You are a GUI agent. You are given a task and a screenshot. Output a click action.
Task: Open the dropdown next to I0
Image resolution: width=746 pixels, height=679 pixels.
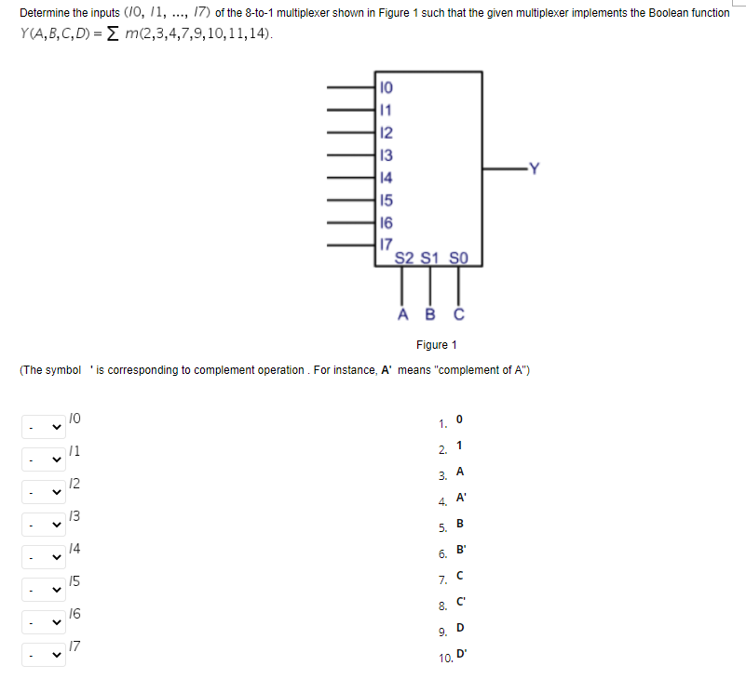click(43, 427)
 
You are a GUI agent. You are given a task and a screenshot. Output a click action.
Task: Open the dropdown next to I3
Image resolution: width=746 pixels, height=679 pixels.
click(43, 525)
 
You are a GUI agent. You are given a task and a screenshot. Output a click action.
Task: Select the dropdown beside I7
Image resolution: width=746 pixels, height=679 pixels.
click(43, 655)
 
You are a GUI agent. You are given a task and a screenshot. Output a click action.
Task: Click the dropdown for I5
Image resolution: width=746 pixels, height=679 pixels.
click(43, 590)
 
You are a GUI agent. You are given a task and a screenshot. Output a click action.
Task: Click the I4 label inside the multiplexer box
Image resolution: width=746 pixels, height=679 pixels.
click(387, 177)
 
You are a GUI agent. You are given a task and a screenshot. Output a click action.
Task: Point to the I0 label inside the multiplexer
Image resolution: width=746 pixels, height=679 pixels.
click(387, 88)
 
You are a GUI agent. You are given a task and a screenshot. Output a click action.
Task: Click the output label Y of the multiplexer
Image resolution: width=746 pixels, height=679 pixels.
click(533, 168)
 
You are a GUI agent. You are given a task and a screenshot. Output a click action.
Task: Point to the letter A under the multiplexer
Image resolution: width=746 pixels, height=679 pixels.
click(402, 314)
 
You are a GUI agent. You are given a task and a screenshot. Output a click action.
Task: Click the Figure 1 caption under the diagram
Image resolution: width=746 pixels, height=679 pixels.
click(437, 345)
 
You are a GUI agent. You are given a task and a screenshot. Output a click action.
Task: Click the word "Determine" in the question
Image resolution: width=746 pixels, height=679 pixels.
click(47, 13)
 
